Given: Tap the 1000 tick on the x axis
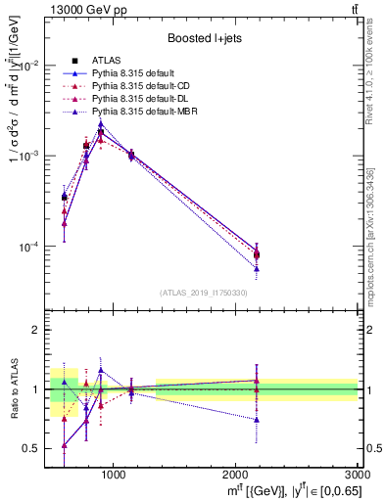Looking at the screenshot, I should click(x=113, y=475).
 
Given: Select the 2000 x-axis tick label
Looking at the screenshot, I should click(x=236, y=475).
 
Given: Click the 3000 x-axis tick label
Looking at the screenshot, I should click(x=358, y=475).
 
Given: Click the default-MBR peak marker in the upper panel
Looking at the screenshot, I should click(x=101, y=124).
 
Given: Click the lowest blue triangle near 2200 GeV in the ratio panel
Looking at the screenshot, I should click(x=256, y=419).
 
